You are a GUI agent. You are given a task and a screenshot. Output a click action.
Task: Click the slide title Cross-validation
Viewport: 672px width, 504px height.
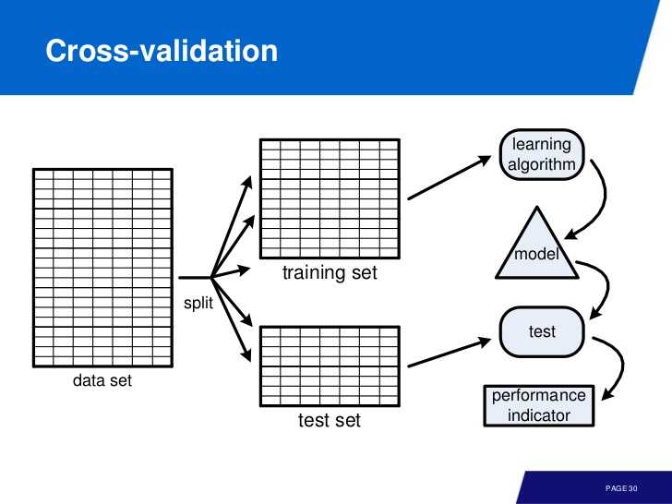click(162, 51)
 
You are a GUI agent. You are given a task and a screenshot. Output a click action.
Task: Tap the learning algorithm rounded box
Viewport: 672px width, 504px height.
click(542, 154)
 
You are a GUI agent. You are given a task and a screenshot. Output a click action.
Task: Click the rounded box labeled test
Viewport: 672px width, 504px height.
click(542, 331)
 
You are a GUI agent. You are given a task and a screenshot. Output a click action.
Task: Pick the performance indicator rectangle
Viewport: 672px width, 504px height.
click(539, 405)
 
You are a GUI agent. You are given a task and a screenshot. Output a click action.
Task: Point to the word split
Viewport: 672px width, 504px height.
click(198, 303)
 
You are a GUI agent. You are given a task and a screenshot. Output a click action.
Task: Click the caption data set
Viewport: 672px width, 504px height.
click(102, 380)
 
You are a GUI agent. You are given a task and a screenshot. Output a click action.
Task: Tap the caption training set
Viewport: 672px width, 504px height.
click(330, 273)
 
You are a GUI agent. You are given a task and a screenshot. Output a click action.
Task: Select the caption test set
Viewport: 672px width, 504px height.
click(330, 420)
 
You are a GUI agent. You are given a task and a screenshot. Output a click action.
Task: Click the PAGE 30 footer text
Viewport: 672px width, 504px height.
click(621, 488)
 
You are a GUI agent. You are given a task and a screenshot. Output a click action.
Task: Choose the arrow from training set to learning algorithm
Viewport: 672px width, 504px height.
click(450, 177)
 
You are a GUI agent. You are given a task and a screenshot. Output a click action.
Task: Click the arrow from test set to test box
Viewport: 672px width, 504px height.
click(450, 354)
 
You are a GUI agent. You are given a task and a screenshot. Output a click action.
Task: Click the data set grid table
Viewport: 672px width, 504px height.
click(102, 268)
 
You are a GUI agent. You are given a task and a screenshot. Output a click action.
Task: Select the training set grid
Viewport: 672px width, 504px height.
click(330, 198)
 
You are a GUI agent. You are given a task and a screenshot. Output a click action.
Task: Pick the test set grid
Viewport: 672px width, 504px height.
click(330, 366)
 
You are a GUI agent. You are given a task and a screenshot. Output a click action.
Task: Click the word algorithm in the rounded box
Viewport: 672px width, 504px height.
click(542, 165)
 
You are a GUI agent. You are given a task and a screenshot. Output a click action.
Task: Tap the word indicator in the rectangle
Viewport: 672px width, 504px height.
click(539, 415)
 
